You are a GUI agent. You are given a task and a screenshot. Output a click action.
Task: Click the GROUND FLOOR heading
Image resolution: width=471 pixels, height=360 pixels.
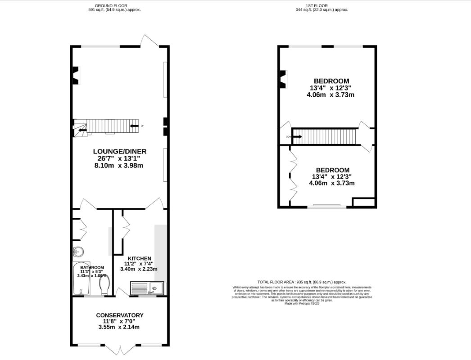(x=114, y=6)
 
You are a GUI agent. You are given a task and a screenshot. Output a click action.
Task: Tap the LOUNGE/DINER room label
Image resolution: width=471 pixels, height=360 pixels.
(x=120, y=151)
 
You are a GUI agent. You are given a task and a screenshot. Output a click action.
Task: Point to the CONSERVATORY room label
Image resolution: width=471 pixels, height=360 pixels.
(x=120, y=315)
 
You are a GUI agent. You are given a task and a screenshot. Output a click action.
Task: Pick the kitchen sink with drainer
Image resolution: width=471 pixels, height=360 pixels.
(x=147, y=288)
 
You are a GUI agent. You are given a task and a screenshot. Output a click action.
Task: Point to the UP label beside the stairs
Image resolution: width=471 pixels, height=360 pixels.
(x=142, y=126)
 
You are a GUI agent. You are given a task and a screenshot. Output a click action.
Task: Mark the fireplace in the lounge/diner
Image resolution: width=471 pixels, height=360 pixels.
(x=76, y=75)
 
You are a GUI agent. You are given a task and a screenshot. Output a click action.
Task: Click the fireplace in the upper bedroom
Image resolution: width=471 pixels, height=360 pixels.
(x=283, y=79)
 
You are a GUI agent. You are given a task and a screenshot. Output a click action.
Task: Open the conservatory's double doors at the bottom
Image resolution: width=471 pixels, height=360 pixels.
(x=121, y=349)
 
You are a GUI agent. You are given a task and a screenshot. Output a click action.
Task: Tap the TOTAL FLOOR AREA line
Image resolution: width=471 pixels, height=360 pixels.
(x=302, y=282)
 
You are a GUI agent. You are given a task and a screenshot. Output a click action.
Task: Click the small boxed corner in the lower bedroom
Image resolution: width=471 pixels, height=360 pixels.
(x=364, y=202)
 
